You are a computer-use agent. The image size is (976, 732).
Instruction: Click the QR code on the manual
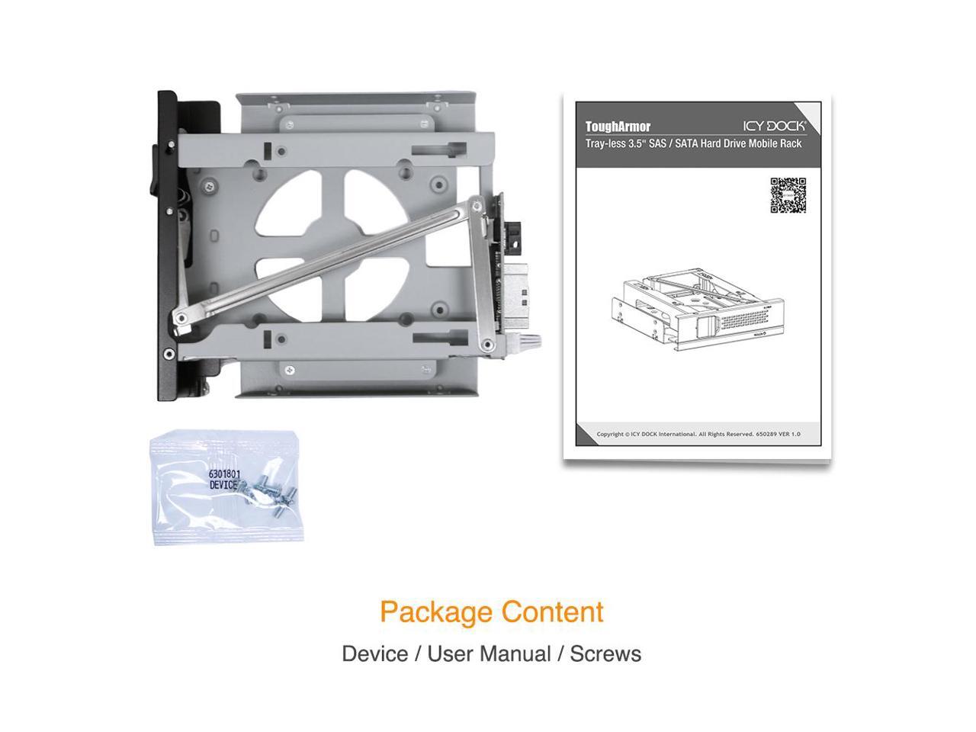(x=788, y=195)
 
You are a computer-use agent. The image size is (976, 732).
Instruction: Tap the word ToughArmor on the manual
(x=618, y=127)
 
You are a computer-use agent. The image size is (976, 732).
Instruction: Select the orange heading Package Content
(x=491, y=612)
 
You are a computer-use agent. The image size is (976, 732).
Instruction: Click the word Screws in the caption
(x=605, y=653)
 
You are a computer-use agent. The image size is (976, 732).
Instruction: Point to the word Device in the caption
(x=374, y=653)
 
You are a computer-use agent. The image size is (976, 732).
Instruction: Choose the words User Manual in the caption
(x=489, y=653)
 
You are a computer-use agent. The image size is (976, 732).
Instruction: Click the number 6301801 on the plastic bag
(x=225, y=474)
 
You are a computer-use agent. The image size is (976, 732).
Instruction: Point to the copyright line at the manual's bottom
(x=698, y=434)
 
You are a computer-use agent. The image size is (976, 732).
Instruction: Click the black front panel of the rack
(x=166, y=244)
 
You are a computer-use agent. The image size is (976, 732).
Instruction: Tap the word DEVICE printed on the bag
(x=223, y=485)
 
